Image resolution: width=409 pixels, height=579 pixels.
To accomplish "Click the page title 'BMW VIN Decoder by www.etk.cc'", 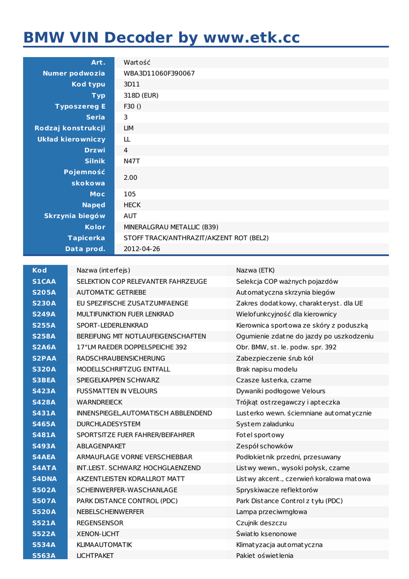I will click(x=162, y=37).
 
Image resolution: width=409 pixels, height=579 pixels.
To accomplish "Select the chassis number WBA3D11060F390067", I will click(x=159, y=74).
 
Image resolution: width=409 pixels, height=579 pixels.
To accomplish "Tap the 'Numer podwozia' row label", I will click(x=74, y=74).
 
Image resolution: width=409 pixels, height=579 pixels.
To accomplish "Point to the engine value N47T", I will click(x=132, y=161).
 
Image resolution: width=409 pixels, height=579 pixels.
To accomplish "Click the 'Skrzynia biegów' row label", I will click(x=75, y=216).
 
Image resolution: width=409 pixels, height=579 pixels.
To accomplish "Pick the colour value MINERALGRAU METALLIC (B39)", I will click(x=171, y=227).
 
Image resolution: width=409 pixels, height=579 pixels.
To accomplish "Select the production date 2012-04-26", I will click(x=142, y=249).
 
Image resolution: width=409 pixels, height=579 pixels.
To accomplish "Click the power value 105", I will click(x=130, y=194).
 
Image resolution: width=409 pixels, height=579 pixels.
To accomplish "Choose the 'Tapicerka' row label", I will click(x=86, y=238).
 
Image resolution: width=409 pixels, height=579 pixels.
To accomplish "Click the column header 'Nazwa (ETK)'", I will click(x=255, y=270).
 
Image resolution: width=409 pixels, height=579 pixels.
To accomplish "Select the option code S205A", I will click(x=44, y=292).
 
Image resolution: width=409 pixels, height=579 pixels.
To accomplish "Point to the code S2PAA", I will click(x=44, y=358).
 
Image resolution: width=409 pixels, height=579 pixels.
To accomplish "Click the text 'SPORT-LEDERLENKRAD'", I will click(x=112, y=325).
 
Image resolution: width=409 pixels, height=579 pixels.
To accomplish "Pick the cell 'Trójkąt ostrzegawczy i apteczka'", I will click(x=288, y=402).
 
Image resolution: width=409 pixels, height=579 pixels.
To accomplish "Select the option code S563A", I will click(x=44, y=556).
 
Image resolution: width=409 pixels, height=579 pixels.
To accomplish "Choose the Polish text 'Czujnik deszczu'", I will click(x=262, y=523).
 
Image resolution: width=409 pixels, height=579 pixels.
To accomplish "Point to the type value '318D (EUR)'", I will click(x=141, y=96).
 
